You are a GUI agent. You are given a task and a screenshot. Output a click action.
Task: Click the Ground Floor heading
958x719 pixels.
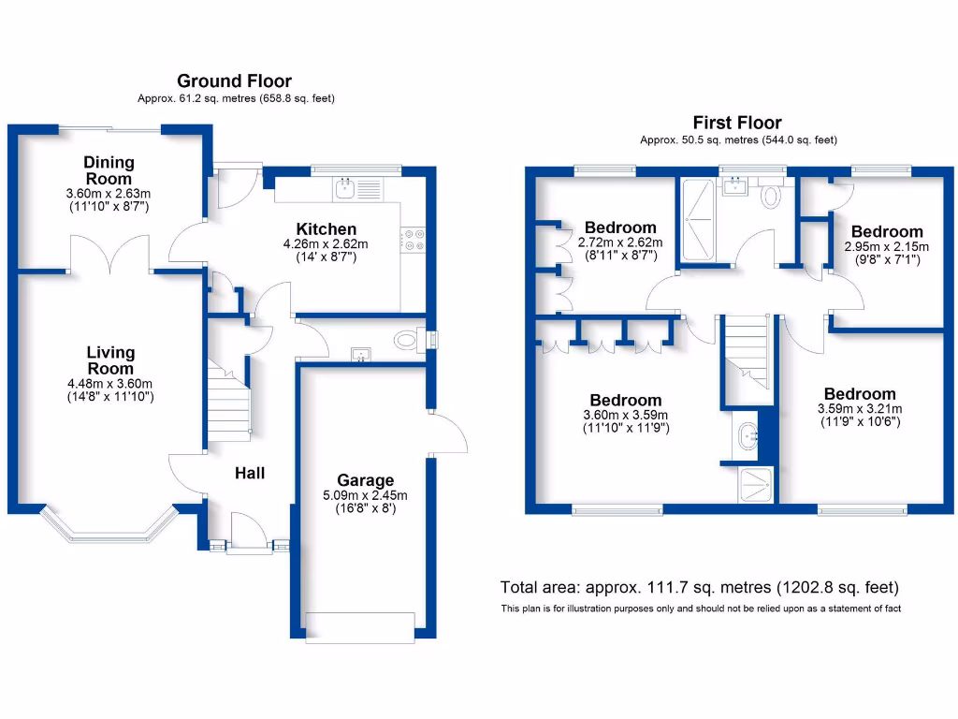tap(234, 81)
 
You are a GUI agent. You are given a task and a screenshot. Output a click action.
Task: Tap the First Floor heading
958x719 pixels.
tap(737, 123)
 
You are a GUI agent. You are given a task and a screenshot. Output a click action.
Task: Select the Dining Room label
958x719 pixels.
tap(109, 170)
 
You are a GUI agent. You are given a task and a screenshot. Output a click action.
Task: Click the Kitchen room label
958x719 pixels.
tap(327, 229)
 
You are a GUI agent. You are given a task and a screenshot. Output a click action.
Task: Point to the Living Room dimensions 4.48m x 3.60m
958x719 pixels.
tap(110, 382)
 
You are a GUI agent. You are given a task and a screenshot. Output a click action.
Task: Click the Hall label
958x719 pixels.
tap(250, 473)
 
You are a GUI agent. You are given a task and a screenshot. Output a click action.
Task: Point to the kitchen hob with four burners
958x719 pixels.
tap(414, 241)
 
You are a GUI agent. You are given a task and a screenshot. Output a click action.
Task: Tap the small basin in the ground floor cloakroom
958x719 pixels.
tap(358, 354)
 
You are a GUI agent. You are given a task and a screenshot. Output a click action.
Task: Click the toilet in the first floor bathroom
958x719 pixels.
tap(772, 195)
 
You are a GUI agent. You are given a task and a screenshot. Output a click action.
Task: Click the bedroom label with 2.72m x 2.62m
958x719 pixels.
tap(620, 227)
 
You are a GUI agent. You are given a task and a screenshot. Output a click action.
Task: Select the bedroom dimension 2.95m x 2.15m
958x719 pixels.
tap(886, 246)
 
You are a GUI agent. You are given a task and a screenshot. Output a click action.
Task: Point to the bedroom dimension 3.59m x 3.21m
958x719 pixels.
tap(859, 409)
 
